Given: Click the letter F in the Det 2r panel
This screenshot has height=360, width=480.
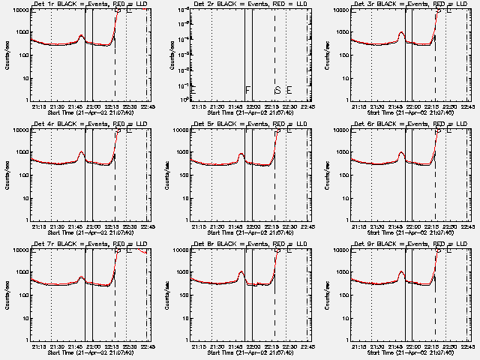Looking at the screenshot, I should click(x=247, y=90).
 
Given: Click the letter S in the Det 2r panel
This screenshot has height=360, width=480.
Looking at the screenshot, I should click(x=277, y=90).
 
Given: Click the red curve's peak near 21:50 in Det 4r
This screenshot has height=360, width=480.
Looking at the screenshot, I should click(x=81, y=153).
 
